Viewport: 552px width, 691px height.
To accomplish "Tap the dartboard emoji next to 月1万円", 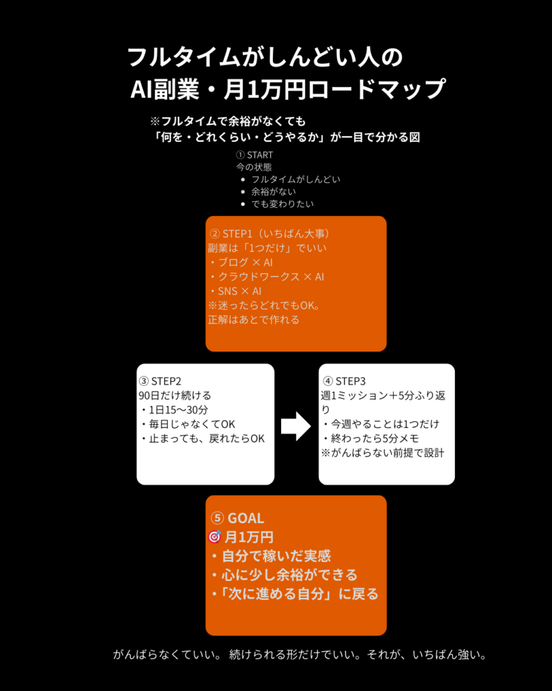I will pyautogui.click(x=215, y=537).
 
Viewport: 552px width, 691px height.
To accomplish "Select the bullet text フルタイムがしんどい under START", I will pyautogui.click(x=295, y=179).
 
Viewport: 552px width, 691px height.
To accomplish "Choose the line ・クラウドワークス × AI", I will pyautogui.click(x=266, y=277).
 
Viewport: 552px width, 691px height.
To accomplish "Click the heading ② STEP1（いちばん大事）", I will pyautogui.click(x=270, y=233).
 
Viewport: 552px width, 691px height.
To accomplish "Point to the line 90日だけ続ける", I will pyautogui.click(x=175, y=395).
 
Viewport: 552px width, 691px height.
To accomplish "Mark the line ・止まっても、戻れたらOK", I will pyautogui.click(x=202, y=438).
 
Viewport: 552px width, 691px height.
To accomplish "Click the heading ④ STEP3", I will pyautogui.click(x=344, y=381).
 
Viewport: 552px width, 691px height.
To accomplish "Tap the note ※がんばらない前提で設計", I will pyautogui.click(x=382, y=452).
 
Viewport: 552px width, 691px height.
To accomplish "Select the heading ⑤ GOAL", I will pyautogui.click(x=237, y=518).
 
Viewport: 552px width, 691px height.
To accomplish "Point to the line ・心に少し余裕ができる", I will pyautogui.click(x=283, y=576).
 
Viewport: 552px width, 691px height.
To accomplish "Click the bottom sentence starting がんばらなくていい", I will pyautogui.click(x=299, y=655).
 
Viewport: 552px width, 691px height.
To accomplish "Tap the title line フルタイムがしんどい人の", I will pyautogui.click(x=265, y=57).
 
